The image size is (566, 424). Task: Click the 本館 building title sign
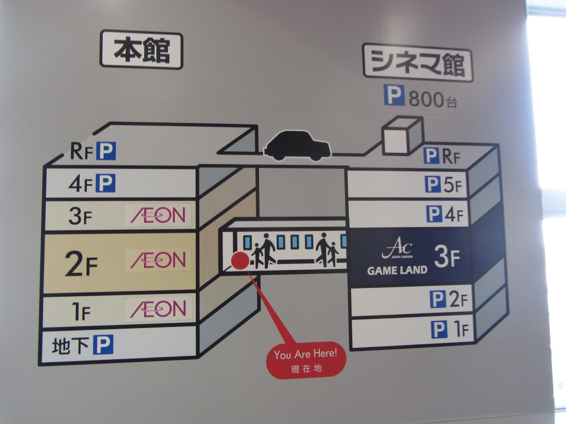141,50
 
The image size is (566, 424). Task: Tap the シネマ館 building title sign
418,63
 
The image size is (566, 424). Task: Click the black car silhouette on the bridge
298,146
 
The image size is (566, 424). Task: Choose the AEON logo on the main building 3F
158,215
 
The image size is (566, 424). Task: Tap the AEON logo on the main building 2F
158,260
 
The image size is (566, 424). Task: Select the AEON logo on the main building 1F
158,309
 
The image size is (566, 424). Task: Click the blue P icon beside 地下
103,344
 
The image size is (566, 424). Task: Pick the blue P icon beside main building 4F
106,183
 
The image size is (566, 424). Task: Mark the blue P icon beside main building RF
106,151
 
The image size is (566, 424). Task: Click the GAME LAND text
397,271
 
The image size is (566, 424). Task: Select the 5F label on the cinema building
452,185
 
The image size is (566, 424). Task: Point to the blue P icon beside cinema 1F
439,329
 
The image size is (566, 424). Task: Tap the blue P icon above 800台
394,95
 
